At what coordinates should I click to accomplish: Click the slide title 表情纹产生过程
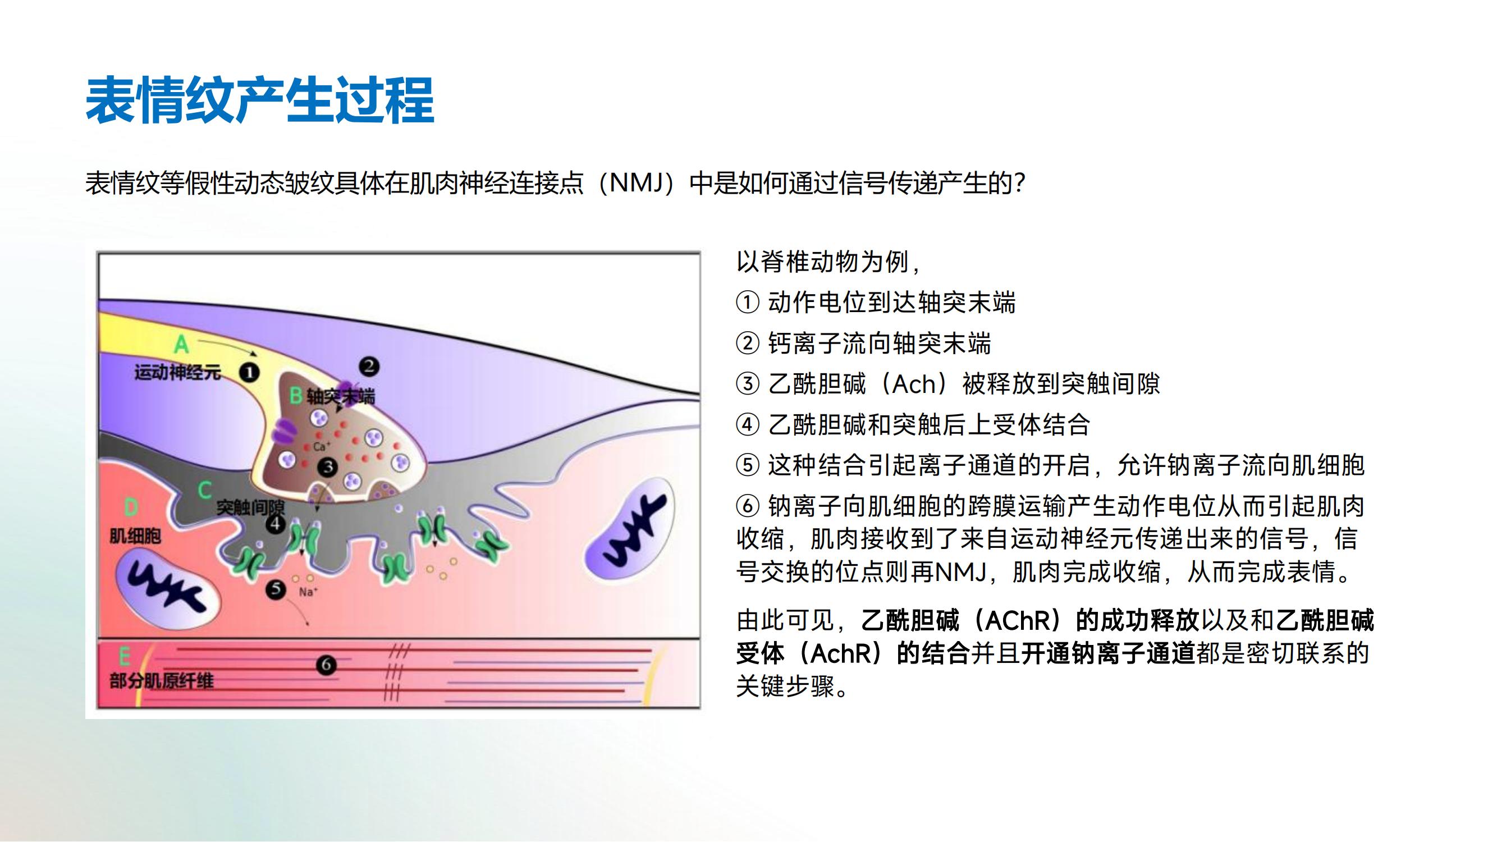(x=260, y=100)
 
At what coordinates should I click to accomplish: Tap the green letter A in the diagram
(x=181, y=344)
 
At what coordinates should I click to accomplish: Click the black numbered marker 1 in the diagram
(x=249, y=372)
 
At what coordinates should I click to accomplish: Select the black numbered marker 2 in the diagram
(x=369, y=366)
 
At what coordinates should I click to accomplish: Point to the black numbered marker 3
(x=328, y=466)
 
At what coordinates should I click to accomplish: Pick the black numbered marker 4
(x=276, y=524)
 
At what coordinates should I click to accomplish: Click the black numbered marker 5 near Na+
(x=276, y=589)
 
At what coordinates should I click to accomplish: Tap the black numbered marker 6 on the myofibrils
(x=326, y=665)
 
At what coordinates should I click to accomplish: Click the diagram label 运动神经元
(x=178, y=372)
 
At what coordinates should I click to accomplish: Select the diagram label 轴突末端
(x=341, y=396)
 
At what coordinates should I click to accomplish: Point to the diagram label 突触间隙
(x=250, y=507)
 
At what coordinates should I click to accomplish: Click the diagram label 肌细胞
(x=135, y=535)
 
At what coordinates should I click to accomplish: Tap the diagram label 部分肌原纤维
(x=162, y=680)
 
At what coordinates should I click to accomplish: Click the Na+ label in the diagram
(x=308, y=592)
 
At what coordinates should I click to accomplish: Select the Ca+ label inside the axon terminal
(x=322, y=446)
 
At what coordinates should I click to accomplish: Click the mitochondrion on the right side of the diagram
(x=630, y=529)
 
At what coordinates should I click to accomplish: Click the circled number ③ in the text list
(x=747, y=384)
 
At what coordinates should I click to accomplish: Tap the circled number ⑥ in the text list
(x=747, y=506)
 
